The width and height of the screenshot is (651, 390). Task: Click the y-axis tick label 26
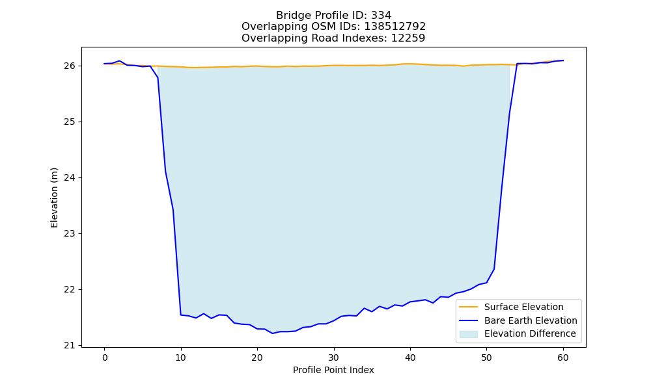point(70,66)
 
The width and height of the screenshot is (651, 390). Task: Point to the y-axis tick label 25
point(70,122)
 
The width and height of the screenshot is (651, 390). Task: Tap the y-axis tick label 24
point(70,178)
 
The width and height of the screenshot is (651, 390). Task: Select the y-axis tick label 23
point(70,234)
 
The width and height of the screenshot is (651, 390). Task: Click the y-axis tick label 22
point(70,290)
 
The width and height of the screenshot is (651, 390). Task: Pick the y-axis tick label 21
point(70,345)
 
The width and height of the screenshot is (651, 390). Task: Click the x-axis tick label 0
point(105,357)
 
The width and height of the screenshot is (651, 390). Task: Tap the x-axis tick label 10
point(180,357)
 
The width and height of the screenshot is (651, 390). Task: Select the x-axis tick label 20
point(257,357)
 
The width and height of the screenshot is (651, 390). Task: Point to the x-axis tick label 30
point(334,357)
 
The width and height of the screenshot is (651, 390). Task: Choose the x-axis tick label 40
point(410,357)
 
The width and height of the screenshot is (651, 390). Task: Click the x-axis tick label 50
point(486,357)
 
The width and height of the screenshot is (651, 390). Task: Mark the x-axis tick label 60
point(563,357)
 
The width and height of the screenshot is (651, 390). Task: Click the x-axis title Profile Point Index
point(333,370)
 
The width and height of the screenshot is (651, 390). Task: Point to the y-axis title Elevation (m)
point(55,198)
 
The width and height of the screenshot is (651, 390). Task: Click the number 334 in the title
point(381,16)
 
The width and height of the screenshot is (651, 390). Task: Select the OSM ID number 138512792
point(395,27)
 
